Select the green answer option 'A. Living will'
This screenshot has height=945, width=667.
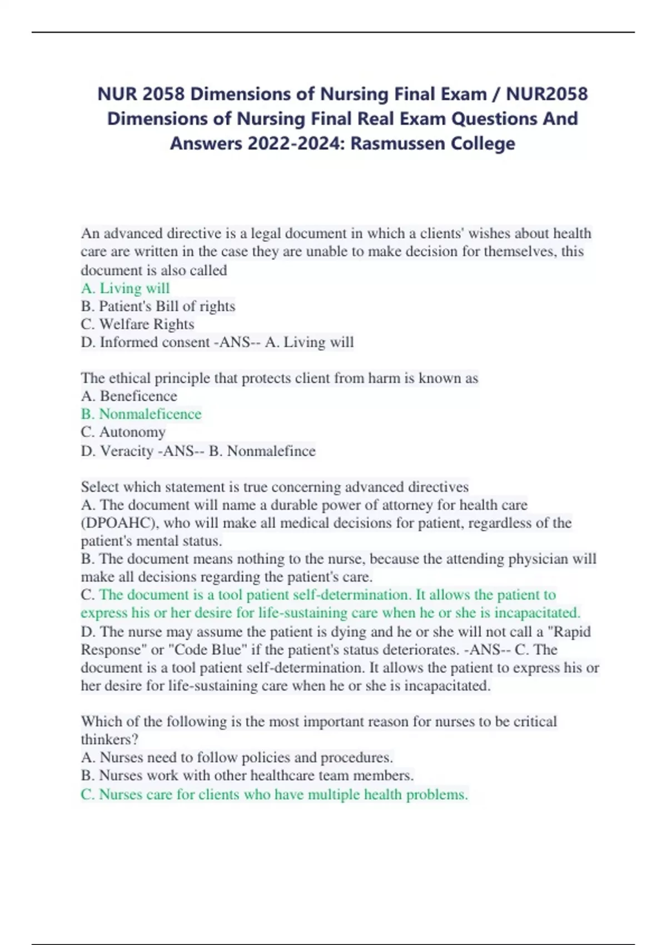pyautogui.click(x=125, y=288)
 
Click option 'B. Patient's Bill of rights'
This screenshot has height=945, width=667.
pyautogui.click(x=158, y=306)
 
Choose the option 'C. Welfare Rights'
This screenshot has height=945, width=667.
pyautogui.click(x=137, y=324)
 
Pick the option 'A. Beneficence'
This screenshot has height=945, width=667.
pyautogui.click(x=129, y=396)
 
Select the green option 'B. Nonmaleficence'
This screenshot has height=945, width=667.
pyautogui.click(x=141, y=414)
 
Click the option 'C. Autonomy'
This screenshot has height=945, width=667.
pyautogui.click(x=123, y=432)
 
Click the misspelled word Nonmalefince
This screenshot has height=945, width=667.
pyautogui.click(x=271, y=451)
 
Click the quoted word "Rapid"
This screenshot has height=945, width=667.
pyautogui.click(x=570, y=631)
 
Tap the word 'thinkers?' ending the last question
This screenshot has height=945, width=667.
pyautogui.click(x=109, y=740)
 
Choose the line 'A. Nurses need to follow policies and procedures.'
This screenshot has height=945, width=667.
pyautogui.click(x=237, y=758)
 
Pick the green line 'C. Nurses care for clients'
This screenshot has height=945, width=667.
pyautogui.click(x=274, y=794)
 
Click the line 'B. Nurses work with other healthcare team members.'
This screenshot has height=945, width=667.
pyautogui.click(x=247, y=775)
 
